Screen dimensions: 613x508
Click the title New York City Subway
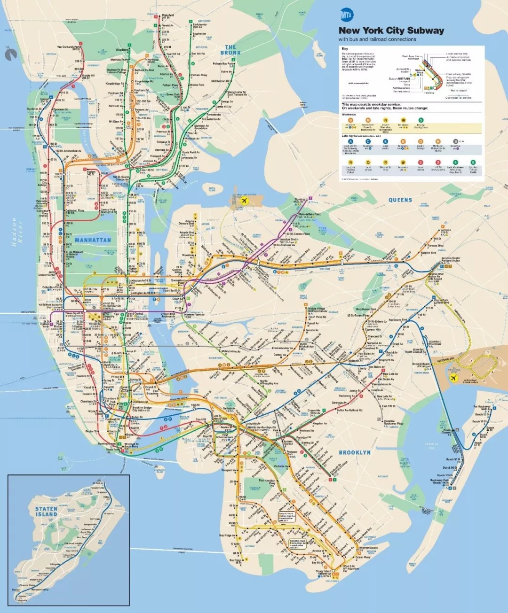(391, 31)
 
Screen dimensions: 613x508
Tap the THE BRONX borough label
(230, 50)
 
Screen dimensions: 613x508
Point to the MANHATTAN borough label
(93, 240)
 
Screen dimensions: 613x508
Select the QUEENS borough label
(400, 200)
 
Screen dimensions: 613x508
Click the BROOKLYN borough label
(355, 452)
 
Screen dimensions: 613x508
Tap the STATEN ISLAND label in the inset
(46, 512)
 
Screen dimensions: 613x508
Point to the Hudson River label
(14, 231)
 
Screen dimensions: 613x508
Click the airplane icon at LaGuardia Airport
(244, 201)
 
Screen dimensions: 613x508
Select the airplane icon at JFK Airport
(454, 378)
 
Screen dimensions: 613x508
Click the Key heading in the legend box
(345, 49)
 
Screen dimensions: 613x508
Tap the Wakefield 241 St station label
(168, 16)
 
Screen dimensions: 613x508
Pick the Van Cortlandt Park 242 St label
(69, 47)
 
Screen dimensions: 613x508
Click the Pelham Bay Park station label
(223, 63)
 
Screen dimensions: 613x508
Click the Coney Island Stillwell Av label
(325, 573)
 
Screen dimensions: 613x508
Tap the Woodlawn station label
(122, 49)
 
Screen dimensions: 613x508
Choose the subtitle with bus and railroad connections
(377, 39)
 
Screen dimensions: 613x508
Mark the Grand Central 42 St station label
(135, 314)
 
